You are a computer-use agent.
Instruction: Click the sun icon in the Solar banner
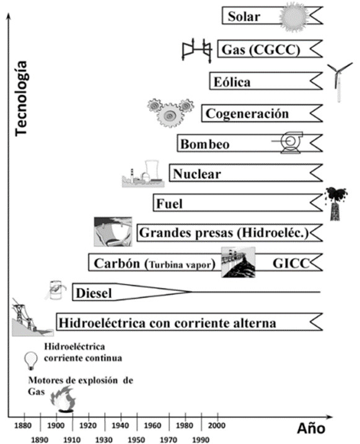coord(294,17)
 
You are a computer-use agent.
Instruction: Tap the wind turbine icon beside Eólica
coord(339,82)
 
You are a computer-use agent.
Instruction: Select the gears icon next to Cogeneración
coord(170,113)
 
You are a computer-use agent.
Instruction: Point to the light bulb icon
coord(31,360)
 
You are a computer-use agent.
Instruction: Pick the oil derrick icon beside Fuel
coord(336,204)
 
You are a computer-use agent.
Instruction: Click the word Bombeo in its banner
coord(204,144)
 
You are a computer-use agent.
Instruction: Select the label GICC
coord(291,263)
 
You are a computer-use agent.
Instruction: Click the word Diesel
coord(94,293)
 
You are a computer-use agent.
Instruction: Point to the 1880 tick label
coord(23,425)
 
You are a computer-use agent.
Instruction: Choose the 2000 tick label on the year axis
coord(217,425)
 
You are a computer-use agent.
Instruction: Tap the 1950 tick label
coord(136,440)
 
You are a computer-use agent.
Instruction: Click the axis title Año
coord(311,428)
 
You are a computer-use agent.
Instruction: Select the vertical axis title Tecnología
coord(21,98)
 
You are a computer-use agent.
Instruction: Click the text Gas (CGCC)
coord(261,50)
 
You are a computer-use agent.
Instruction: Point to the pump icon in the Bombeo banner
coord(288,142)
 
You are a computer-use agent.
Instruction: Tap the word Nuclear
coord(197,173)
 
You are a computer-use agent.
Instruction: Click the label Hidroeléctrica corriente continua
coord(82,352)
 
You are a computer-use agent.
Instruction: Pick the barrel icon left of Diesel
coord(56,290)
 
